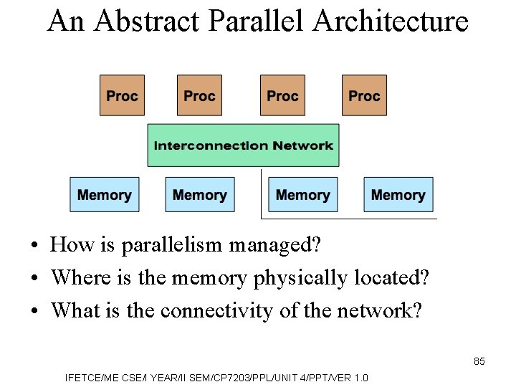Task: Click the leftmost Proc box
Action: [x=122, y=95]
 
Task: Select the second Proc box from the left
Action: [x=199, y=95]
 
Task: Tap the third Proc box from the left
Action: [x=282, y=95]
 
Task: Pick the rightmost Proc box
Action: [x=364, y=95]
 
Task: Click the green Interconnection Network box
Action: [x=243, y=145]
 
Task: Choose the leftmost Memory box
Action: [x=105, y=195]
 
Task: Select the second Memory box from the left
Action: [x=200, y=195]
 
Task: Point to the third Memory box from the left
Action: [x=302, y=195]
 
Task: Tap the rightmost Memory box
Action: [x=398, y=195]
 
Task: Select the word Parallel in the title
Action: [x=258, y=21]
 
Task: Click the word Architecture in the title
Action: [x=391, y=21]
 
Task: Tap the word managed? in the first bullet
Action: [x=275, y=245]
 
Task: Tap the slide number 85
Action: [x=479, y=361]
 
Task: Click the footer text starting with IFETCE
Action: [x=216, y=378]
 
